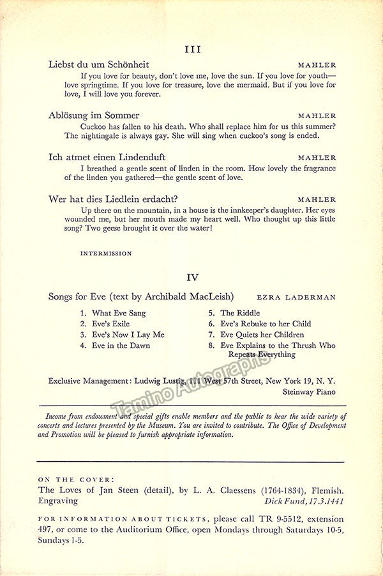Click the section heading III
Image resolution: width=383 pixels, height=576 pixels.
[192, 49]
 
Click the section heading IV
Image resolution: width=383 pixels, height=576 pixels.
[192, 277]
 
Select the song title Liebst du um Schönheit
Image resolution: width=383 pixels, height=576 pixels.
[98, 64]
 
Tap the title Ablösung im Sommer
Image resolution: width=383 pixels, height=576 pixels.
[94, 116]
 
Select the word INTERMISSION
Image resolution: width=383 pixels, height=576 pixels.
[106, 254]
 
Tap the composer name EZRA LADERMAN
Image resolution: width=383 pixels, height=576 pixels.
[296, 298]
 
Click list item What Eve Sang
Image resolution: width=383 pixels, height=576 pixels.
[119, 314]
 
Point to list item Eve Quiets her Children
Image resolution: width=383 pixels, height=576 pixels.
[262, 335]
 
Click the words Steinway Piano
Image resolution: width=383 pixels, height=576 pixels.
[311, 392]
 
